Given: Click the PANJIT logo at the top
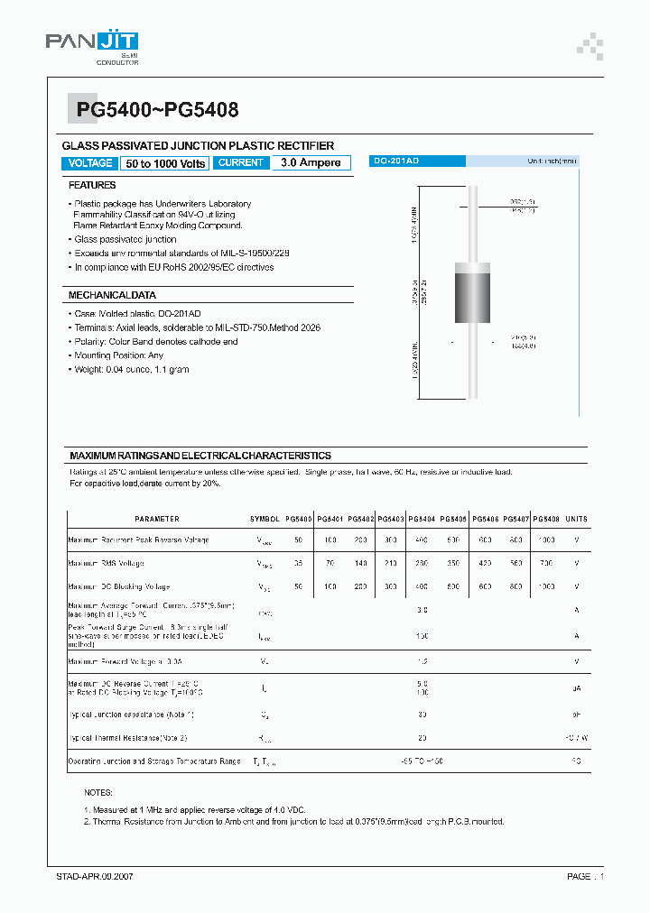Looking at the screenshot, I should point(93,41).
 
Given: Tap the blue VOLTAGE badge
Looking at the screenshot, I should point(90,163).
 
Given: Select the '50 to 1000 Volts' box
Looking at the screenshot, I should point(166,163).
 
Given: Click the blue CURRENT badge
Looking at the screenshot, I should point(241,162).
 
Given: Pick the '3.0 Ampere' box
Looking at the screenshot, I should point(311,162).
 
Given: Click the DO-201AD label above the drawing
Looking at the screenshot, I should point(395,161).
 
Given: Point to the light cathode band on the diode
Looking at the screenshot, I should point(476,271).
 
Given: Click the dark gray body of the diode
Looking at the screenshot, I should point(476,302).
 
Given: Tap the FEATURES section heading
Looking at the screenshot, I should point(92,185).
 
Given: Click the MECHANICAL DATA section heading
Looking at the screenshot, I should point(112,295).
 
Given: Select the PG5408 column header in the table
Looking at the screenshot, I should point(545,519).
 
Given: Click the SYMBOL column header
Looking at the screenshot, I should point(265,519).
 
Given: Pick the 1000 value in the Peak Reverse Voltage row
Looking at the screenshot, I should point(545,539).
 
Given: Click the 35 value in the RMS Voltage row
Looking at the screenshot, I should point(298,563).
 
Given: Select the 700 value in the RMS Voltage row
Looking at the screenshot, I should point(545,563).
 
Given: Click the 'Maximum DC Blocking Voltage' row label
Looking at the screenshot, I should point(118,586).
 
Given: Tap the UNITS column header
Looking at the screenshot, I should point(576,519).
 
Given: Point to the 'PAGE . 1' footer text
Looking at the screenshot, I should point(585,876).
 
